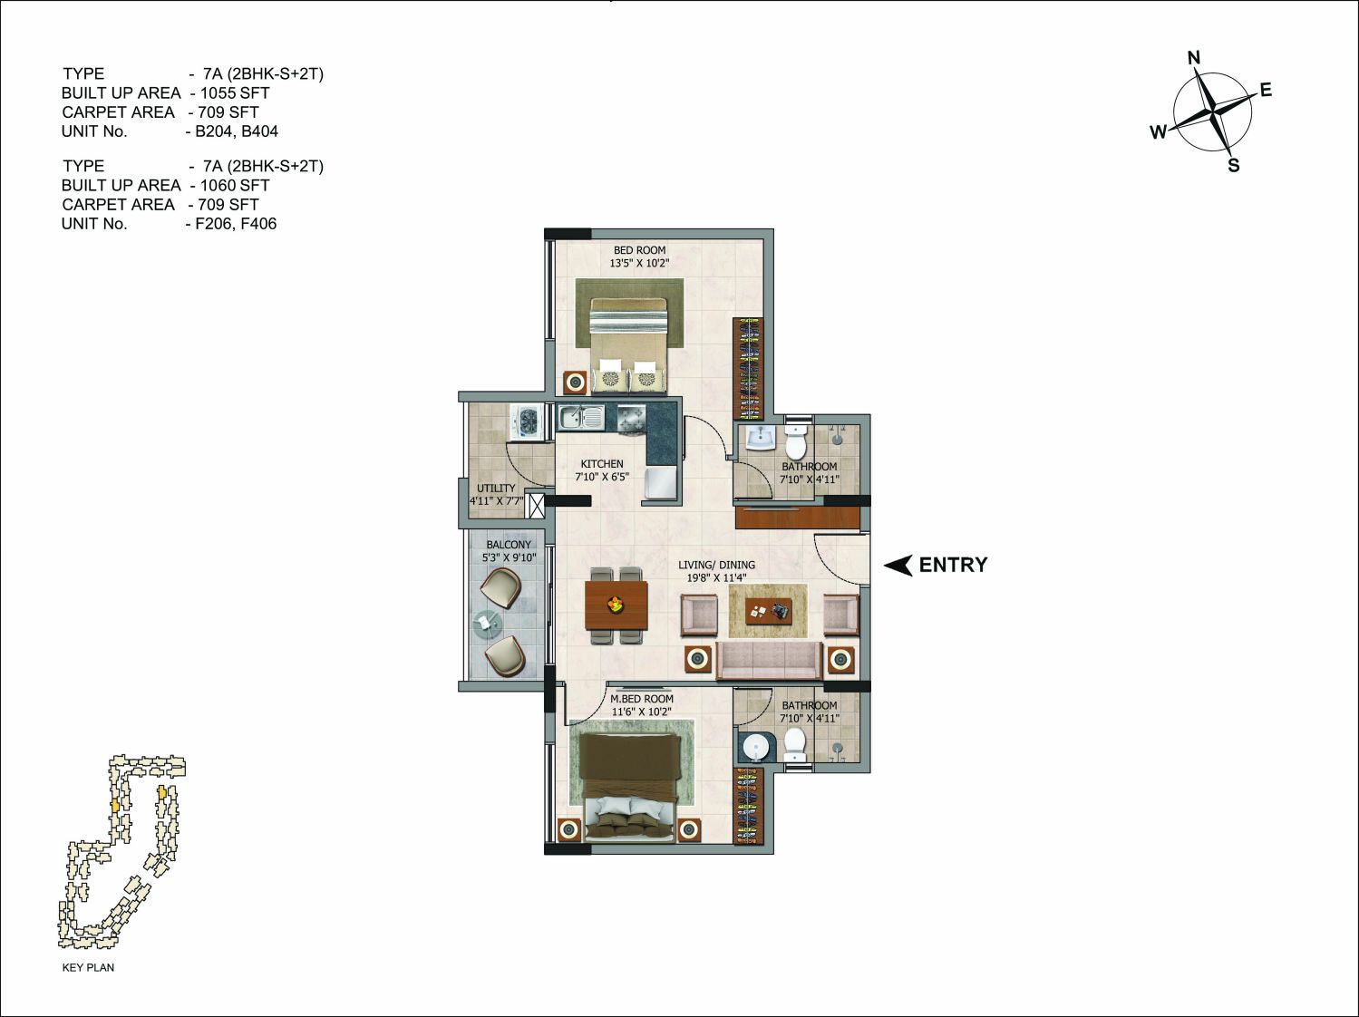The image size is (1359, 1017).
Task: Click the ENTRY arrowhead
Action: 898,565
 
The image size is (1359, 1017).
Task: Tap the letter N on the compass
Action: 1194,58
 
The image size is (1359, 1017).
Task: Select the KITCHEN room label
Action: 602,463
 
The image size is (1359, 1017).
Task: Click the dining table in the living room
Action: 616,605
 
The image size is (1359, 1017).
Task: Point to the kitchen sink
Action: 581,417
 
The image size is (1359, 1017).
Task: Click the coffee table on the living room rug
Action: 768,611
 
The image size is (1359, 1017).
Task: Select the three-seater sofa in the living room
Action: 769,661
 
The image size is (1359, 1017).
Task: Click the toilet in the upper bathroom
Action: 794,441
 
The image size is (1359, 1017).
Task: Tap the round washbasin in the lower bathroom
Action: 754,747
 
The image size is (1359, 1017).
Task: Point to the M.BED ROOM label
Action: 642,699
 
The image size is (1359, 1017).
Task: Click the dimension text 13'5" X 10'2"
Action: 639,263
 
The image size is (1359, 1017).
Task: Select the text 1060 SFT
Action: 235,185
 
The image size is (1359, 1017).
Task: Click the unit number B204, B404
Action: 237,131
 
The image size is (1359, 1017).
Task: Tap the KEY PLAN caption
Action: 88,967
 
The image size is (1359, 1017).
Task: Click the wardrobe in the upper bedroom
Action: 749,369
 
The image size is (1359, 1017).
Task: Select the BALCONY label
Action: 509,545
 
